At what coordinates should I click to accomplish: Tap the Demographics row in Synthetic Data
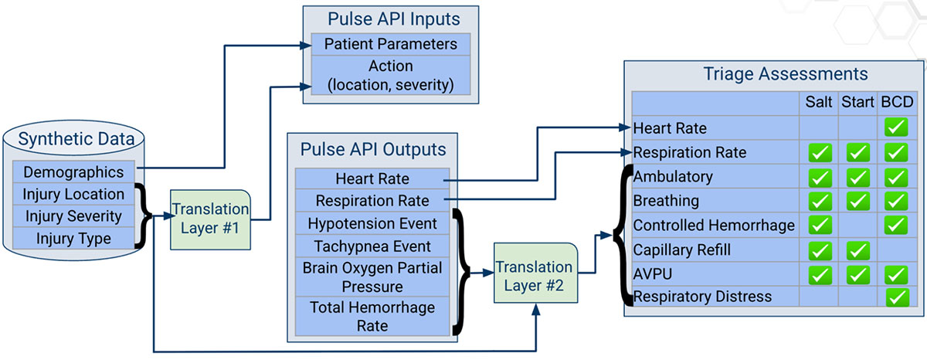(73, 172)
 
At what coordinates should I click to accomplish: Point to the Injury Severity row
(73, 216)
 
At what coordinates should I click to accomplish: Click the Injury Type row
(73, 239)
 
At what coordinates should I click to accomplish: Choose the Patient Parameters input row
(390, 44)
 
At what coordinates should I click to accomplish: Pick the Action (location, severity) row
(390, 75)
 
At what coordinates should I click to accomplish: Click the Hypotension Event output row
(372, 224)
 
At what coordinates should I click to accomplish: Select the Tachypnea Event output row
(372, 247)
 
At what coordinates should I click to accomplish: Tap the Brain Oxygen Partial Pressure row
(372, 277)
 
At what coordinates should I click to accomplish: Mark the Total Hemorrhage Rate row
(372, 317)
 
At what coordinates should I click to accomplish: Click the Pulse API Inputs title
(390, 18)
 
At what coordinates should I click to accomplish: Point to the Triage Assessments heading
(786, 74)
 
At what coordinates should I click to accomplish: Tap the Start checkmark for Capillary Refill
(858, 250)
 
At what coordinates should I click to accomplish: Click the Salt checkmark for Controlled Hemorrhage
(819, 226)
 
